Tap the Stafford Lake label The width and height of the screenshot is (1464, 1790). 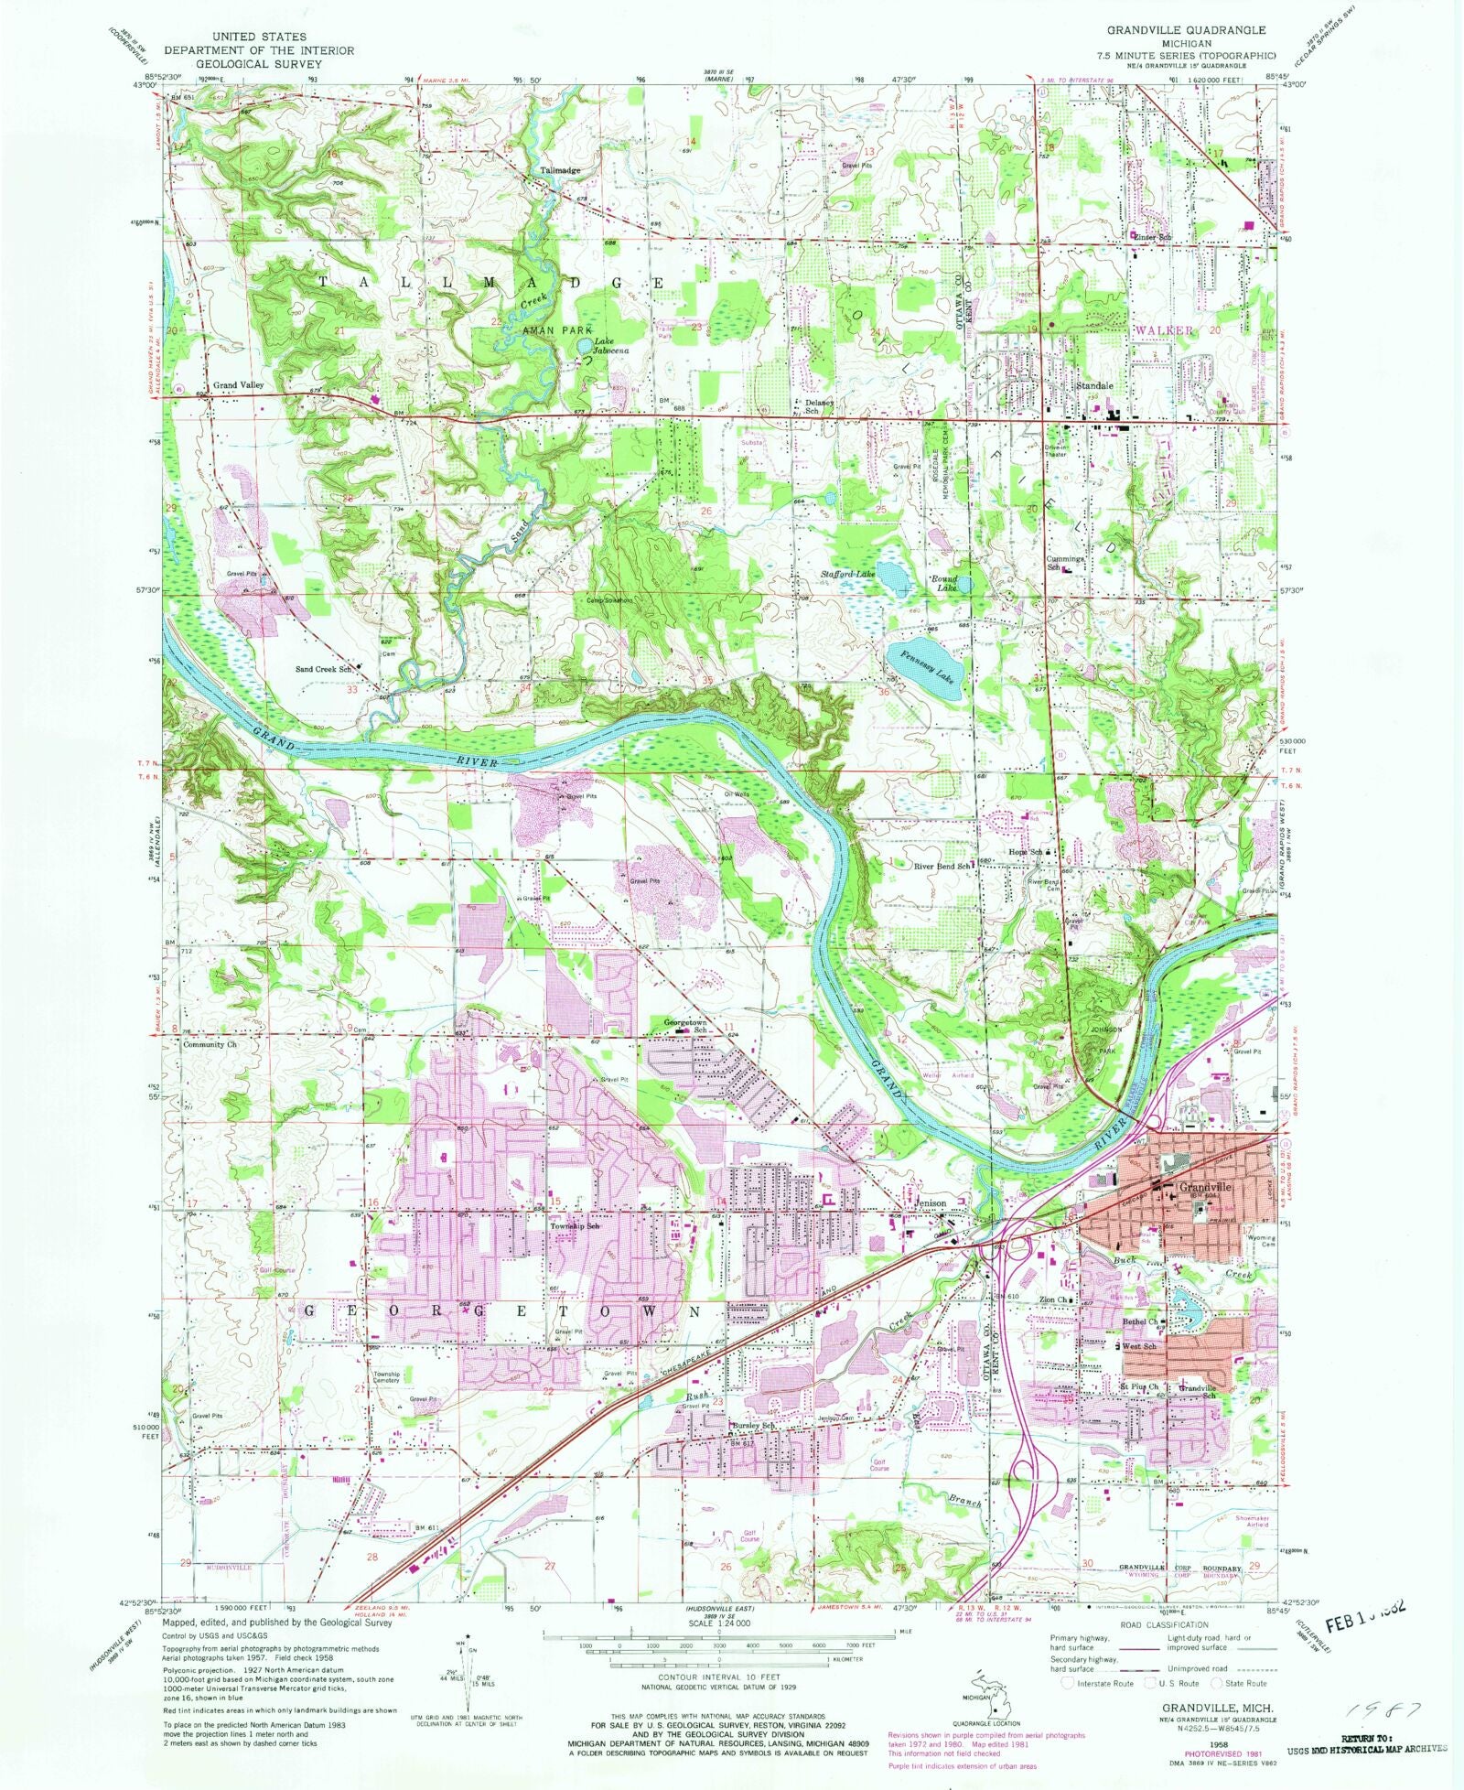click(848, 574)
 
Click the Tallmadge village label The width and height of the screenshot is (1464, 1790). click(559, 170)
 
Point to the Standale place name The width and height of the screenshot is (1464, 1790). click(1094, 386)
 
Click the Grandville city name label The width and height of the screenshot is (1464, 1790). click(1205, 1186)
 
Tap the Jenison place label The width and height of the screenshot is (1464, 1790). click(931, 1202)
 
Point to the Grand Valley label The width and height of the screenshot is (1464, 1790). click(238, 385)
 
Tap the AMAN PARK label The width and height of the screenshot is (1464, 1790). click(557, 329)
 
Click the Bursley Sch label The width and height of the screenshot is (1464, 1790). click(752, 1426)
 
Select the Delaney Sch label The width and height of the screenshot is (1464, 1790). click(819, 406)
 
